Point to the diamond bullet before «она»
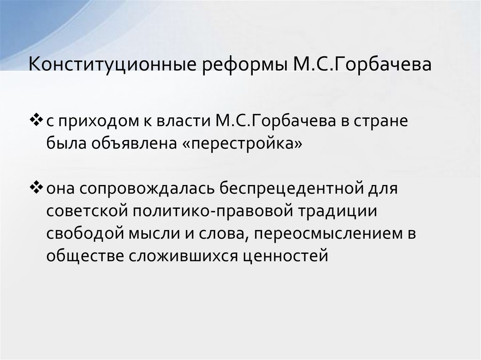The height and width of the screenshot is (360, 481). pos(35,188)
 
